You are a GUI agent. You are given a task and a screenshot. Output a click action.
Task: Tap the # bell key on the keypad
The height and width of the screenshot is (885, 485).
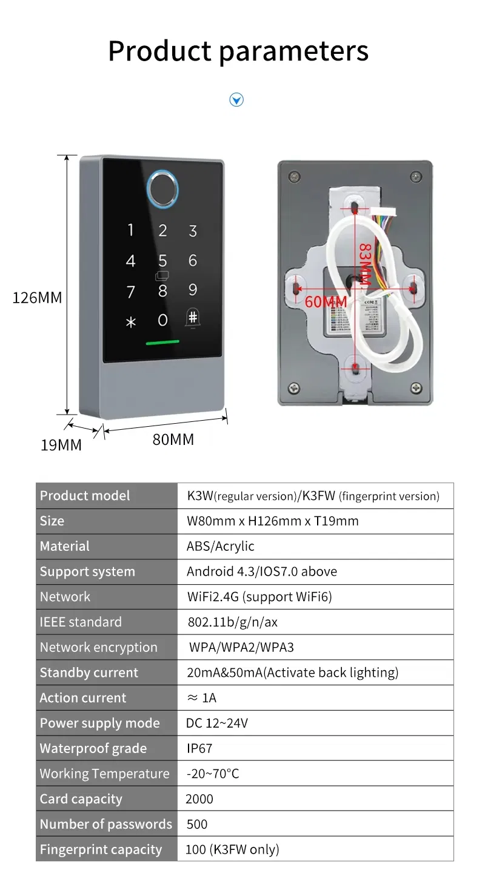point(192,319)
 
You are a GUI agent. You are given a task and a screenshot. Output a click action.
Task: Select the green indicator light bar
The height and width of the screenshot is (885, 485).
point(162,342)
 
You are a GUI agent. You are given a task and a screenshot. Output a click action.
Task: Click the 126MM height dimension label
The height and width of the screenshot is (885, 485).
point(37,298)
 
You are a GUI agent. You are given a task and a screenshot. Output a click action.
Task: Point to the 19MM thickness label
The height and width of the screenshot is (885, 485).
point(61,446)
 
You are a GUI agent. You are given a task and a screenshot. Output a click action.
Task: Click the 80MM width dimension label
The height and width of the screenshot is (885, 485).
point(173,439)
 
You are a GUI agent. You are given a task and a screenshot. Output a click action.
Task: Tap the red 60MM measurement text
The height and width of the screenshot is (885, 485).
point(326,301)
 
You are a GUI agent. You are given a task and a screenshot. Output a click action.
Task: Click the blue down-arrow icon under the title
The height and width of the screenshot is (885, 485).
point(236,100)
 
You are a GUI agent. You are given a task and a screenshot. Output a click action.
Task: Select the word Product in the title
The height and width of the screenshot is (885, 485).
point(159,51)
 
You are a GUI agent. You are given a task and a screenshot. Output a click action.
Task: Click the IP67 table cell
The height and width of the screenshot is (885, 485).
point(199,748)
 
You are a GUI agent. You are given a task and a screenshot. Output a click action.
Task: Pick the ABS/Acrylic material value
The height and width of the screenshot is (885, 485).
point(220,546)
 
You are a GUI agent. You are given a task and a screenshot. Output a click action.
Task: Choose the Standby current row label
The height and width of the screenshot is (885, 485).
point(89,673)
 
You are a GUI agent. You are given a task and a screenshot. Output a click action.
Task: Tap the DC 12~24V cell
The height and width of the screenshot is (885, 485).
point(216,723)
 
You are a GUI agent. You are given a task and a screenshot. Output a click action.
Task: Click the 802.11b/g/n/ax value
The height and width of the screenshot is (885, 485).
point(232,622)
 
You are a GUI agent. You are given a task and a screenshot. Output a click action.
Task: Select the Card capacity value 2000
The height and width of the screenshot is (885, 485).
point(199,799)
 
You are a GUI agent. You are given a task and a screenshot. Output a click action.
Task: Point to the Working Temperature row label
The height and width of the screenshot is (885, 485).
point(104,774)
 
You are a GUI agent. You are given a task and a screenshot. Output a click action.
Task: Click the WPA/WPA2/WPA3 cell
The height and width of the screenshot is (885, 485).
point(241,647)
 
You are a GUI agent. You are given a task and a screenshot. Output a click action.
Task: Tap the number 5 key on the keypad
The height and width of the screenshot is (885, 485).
point(162,261)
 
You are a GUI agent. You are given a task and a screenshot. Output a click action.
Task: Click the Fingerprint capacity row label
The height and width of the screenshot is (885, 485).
point(101,849)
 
